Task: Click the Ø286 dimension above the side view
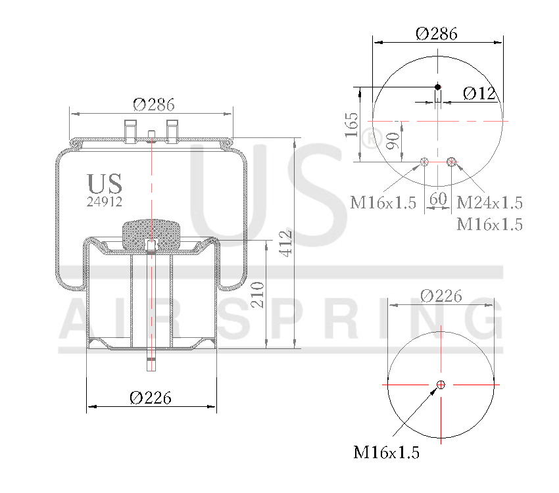point(153,105)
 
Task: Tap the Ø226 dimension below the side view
point(151,397)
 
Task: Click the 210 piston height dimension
point(258,294)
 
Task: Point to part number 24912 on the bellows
point(105,202)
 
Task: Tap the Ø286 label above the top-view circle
point(437,33)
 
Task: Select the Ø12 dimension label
point(479,93)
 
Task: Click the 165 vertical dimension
point(352,124)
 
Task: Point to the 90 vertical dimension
point(392,141)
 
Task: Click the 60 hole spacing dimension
point(437,198)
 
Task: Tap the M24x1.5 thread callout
point(489,202)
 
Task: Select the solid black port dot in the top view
point(438,87)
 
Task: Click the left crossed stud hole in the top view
point(424,162)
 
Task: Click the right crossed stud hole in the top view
point(451,162)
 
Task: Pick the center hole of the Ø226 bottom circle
point(441,385)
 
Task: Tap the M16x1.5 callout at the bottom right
point(387,452)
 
